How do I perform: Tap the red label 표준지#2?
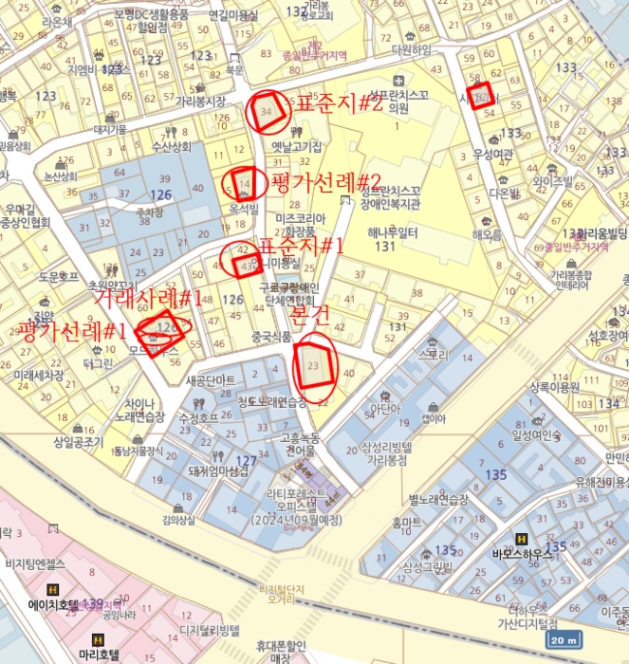[x=339, y=104]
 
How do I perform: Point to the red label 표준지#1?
[x=301, y=246]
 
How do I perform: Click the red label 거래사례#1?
[x=148, y=299]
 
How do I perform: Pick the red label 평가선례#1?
[x=73, y=331]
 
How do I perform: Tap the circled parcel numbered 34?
[x=267, y=112]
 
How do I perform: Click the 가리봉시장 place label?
[x=200, y=101]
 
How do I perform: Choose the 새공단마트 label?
[x=212, y=380]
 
